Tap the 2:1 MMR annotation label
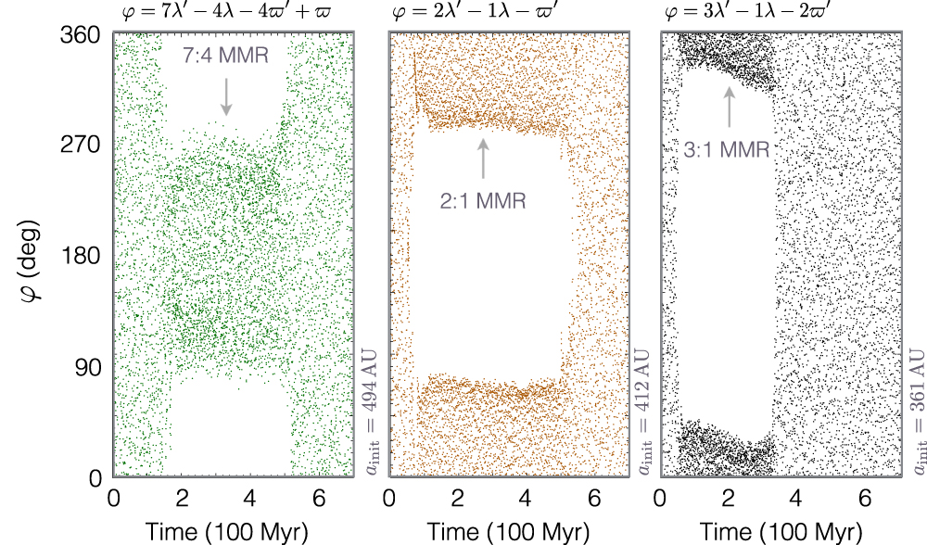pyautogui.click(x=483, y=198)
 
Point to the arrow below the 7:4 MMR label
pyautogui.click(x=226, y=96)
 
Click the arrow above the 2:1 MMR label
pyautogui.click(x=483, y=158)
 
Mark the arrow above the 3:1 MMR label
pyautogui.click(x=730, y=107)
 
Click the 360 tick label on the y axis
pyautogui.click(x=83, y=33)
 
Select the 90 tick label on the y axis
pyautogui.click(x=88, y=367)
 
